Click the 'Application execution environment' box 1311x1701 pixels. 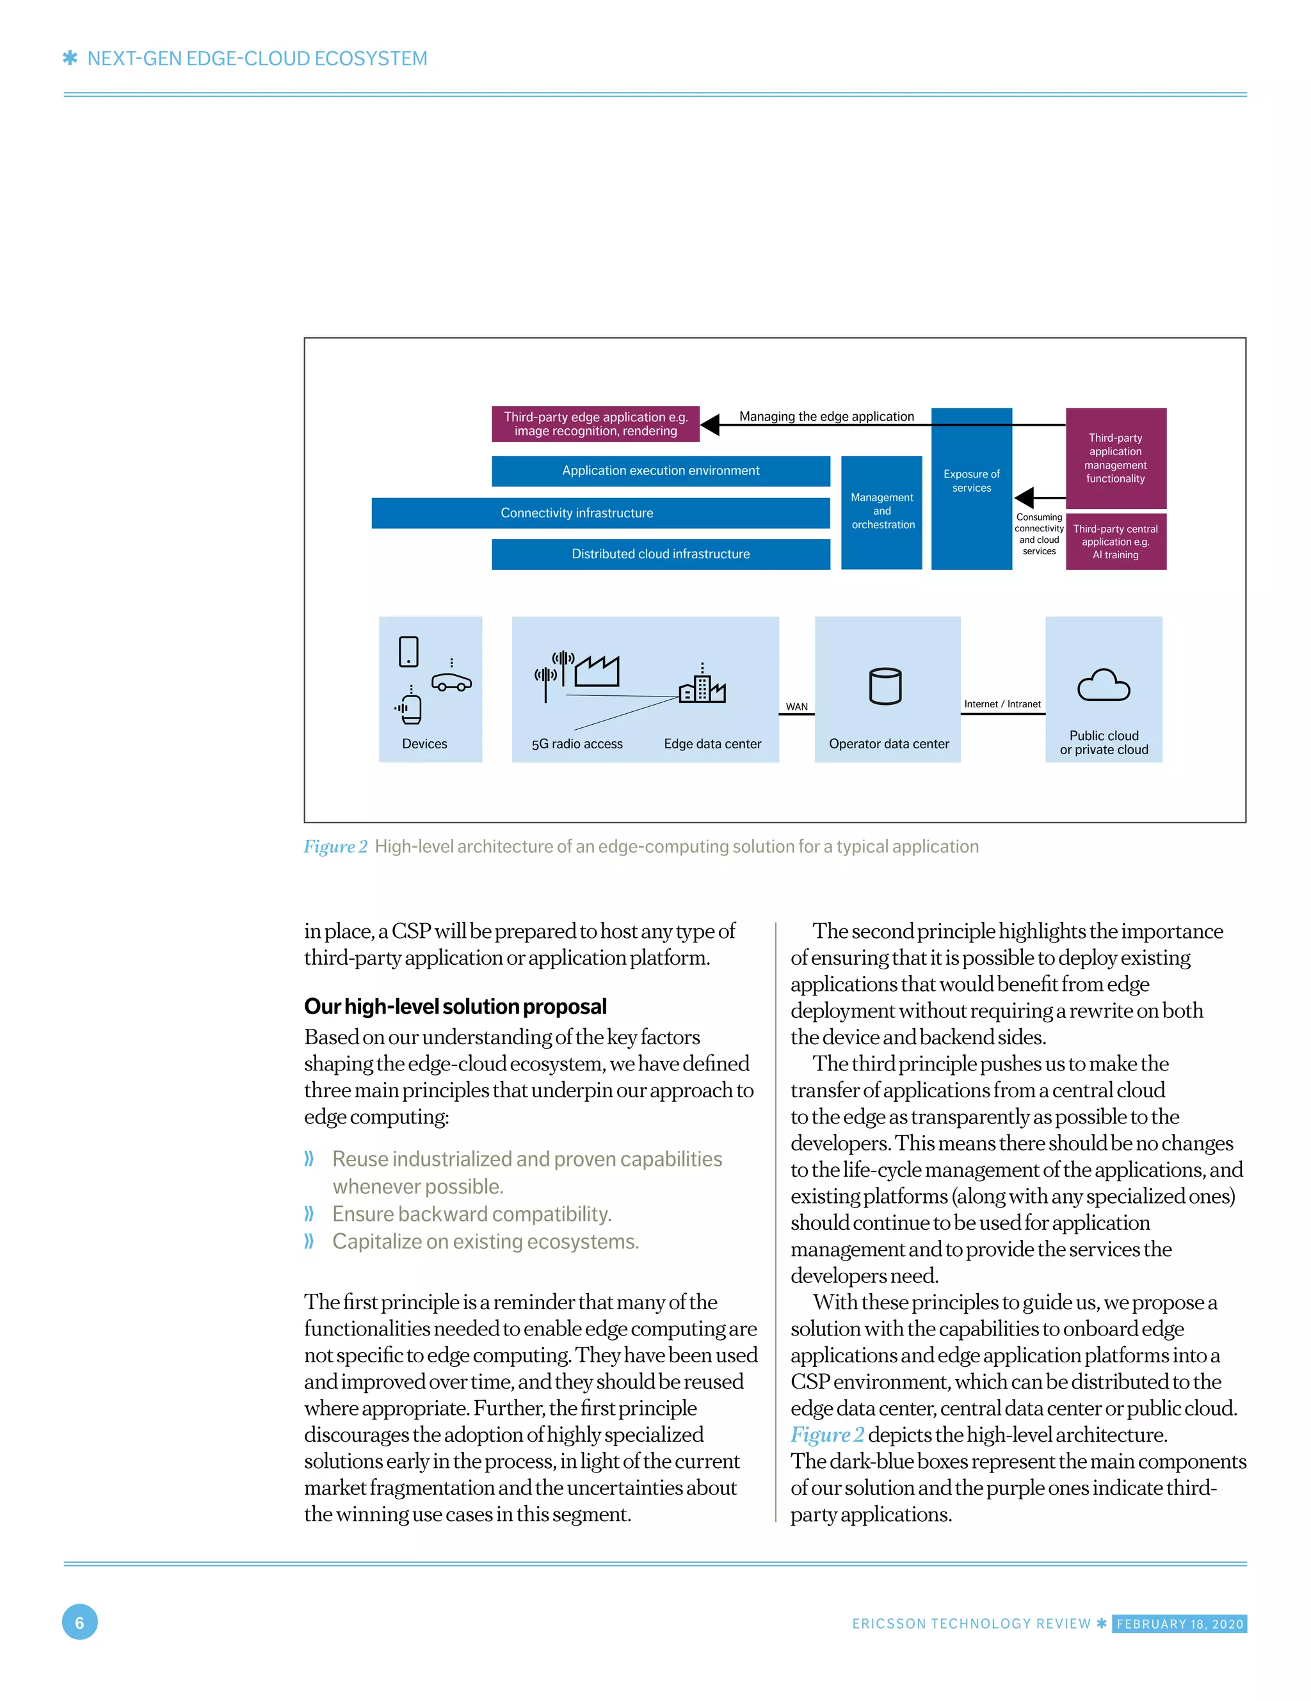click(660, 471)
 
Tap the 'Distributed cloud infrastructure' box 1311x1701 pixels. click(660, 554)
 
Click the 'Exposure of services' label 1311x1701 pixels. click(970, 481)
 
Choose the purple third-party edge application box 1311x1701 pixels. click(595, 424)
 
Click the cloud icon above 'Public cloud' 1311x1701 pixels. click(1102, 686)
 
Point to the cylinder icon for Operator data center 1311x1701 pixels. click(884, 686)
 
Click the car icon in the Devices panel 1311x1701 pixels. click(451, 682)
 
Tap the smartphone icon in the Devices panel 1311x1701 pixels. click(408, 652)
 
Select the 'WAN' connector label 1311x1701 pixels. click(796, 706)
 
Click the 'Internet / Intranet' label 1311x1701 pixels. click(1002, 704)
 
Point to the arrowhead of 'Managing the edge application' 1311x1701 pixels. click(710, 425)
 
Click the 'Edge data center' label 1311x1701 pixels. click(712, 744)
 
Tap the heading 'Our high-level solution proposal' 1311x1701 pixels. click(455, 1006)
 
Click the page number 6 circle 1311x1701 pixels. click(79, 1622)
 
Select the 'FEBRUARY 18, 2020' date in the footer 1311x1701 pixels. click(1178, 1624)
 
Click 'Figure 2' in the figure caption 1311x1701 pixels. click(335, 846)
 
